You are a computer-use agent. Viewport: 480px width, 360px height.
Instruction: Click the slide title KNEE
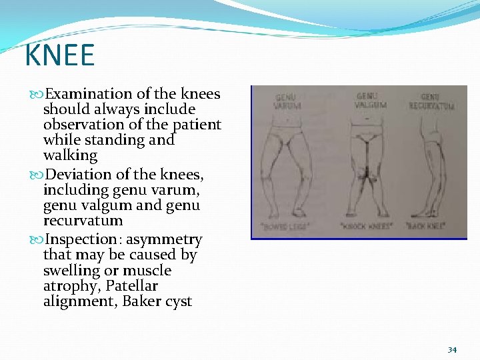point(59,55)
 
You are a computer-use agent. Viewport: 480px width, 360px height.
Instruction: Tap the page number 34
point(452,349)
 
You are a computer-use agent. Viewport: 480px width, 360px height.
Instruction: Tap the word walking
point(70,155)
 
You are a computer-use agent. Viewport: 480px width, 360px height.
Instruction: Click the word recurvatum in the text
point(83,220)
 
